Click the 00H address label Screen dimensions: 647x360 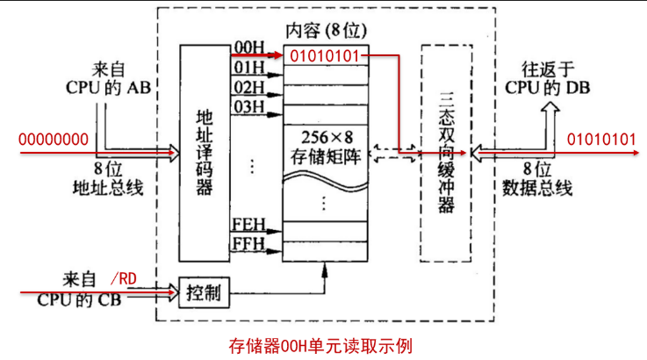(249, 47)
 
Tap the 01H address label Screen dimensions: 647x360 (249, 67)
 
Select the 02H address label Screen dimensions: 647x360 (249, 87)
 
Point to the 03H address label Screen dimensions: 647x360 (249, 106)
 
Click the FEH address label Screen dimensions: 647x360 (248, 224)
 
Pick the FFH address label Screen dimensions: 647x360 (248, 243)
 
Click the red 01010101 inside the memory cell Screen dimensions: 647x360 (325, 56)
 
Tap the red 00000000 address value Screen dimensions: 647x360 (54, 140)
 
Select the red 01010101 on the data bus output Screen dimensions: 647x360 (601, 140)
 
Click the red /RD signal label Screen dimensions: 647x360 (124, 279)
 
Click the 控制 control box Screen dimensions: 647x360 (204, 292)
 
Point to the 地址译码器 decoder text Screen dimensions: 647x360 (204, 152)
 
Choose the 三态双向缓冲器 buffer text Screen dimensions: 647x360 (446, 152)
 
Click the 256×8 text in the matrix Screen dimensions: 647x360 (326, 138)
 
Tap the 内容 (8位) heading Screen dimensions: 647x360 (326, 31)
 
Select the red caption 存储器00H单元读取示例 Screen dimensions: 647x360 (320, 346)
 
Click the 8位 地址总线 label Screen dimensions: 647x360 (108, 179)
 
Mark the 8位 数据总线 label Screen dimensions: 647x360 (537, 179)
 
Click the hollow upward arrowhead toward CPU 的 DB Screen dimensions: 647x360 (550, 108)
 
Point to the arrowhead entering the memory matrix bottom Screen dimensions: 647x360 (325, 270)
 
